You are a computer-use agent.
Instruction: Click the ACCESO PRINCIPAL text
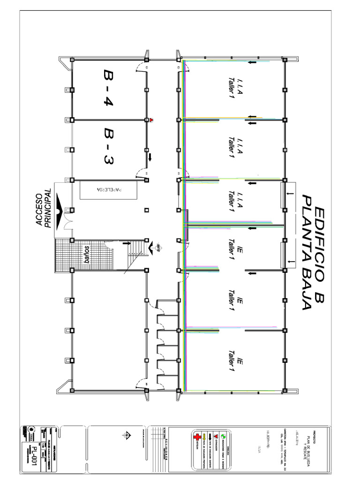[x=44, y=208]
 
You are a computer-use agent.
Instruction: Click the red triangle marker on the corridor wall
[x=152, y=120]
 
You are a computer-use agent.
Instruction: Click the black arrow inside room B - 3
[x=150, y=156]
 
